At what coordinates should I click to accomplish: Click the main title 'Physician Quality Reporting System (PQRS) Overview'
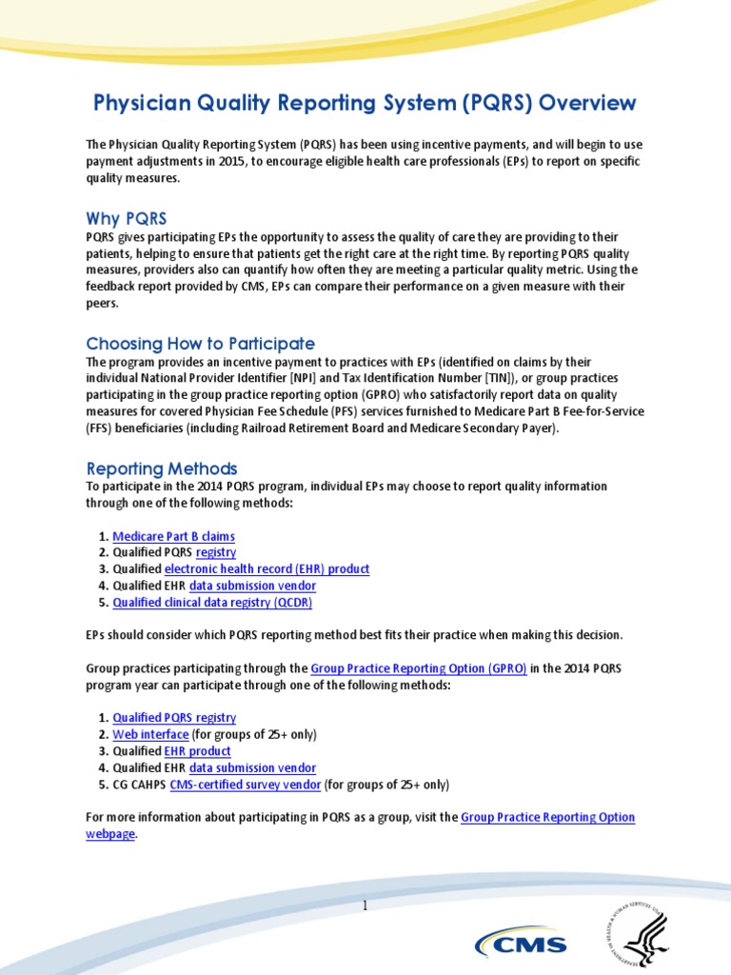365,103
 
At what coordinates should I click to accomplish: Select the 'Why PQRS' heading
126,219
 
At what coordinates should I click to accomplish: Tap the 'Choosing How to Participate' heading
200,343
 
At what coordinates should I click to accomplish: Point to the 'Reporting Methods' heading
162,468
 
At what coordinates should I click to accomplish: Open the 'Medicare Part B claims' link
173,536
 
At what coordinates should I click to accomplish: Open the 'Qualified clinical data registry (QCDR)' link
212,603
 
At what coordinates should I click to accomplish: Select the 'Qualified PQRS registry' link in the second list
174,718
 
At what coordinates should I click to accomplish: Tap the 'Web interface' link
150,735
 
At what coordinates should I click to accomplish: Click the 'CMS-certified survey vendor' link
246,785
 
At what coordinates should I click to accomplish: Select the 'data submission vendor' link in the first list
252,586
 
